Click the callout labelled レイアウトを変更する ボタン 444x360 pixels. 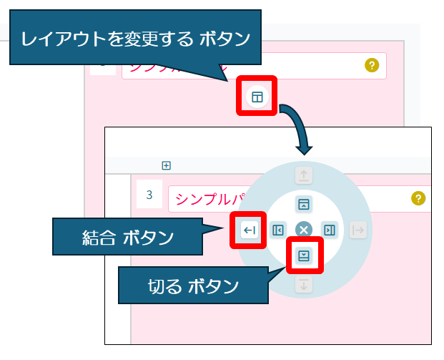click(136, 38)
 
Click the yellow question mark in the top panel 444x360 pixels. click(371, 65)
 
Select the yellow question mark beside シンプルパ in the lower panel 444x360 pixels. click(418, 199)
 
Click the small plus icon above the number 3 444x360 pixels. click(167, 165)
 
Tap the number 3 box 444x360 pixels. click(149, 195)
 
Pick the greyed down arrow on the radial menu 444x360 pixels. click(304, 285)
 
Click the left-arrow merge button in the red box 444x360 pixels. click(248, 230)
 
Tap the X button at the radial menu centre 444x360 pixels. click(304, 230)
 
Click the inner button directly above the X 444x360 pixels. click(304, 204)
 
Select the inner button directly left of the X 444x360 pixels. click(278, 230)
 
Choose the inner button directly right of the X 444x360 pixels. click(329, 230)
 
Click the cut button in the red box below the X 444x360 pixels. click(304, 256)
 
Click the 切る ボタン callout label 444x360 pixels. click(193, 286)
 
